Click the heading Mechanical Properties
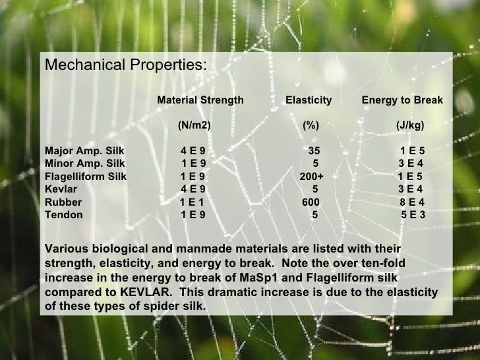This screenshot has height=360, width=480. click(x=125, y=66)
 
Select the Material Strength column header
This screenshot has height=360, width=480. click(x=200, y=100)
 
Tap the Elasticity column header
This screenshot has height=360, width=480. click(x=308, y=100)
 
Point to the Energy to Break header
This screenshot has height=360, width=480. click(x=402, y=100)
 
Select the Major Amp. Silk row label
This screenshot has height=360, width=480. click(x=84, y=151)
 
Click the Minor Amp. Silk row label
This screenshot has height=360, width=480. click(x=84, y=164)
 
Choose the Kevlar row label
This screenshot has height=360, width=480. click(x=60, y=189)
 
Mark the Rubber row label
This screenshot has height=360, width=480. click(x=63, y=202)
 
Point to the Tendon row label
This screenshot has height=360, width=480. click(x=63, y=215)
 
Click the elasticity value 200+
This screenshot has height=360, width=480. click(x=311, y=177)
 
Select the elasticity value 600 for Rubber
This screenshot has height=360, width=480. click(x=311, y=202)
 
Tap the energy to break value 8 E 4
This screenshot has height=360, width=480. click(x=412, y=202)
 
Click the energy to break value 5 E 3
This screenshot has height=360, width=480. click(x=413, y=215)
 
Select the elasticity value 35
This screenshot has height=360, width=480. click(x=314, y=151)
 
